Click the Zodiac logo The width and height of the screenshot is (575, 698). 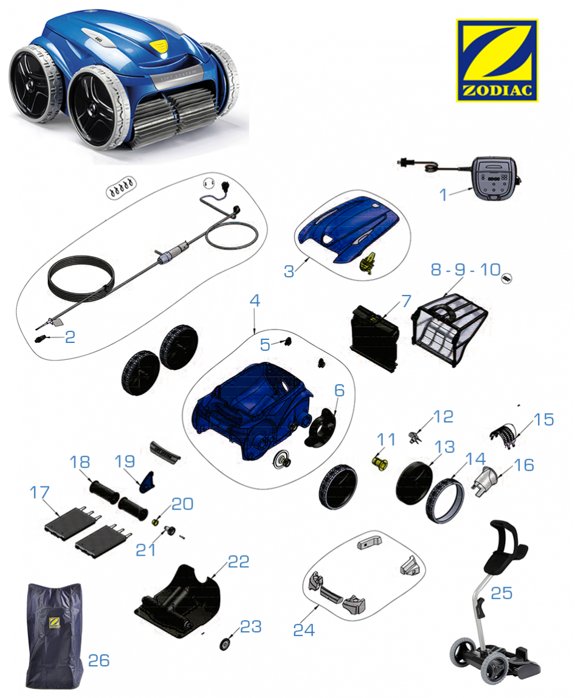click(497, 60)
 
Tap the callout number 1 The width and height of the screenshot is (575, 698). click(443, 195)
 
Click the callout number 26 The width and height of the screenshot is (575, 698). click(99, 660)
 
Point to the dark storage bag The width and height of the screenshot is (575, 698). click(54, 636)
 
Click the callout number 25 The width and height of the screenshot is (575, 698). click(501, 593)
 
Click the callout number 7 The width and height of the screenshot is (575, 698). click(406, 301)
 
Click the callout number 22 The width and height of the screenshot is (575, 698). click(238, 562)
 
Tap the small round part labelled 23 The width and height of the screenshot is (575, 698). click(225, 644)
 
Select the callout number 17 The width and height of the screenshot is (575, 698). click(40, 492)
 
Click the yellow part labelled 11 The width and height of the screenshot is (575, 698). click(379, 463)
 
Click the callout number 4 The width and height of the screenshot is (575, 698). click(255, 300)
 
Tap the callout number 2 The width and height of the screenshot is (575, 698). click(70, 337)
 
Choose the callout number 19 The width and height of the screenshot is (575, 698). click(125, 461)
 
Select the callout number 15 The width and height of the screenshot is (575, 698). click(543, 420)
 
